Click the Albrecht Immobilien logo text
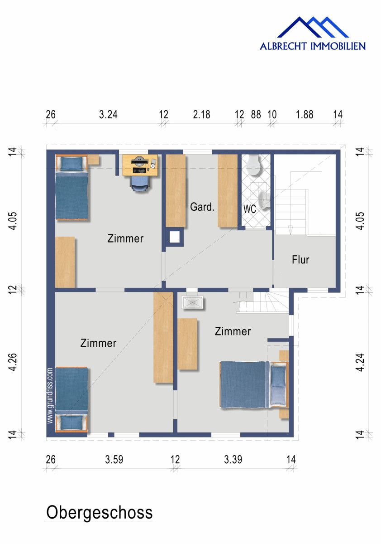coord(312,46)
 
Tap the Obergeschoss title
coord(99,513)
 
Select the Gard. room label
coord(202,208)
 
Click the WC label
coord(250,210)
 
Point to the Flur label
coord(300,260)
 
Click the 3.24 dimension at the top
coord(108,115)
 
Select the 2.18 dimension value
coord(201,115)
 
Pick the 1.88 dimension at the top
coord(305,115)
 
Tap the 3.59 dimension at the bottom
coord(114,460)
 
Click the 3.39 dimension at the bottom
coord(233,460)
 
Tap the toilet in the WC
coord(255,166)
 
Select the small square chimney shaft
coord(174,237)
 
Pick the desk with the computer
coord(141,165)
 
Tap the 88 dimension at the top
coord(256,115)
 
